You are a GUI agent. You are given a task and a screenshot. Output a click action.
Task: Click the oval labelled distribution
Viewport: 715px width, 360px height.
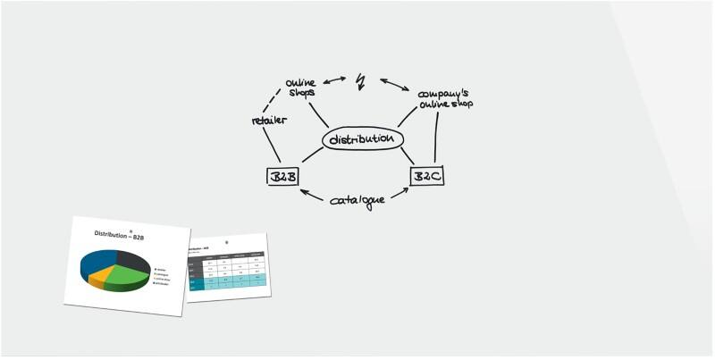(362, 140)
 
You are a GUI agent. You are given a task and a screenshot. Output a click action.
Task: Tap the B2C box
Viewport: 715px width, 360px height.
(426, 176)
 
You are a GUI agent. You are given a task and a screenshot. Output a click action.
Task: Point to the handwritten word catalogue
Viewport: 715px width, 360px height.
(357, 199)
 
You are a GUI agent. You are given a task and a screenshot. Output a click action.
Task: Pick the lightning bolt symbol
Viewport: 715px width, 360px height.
(360, 81)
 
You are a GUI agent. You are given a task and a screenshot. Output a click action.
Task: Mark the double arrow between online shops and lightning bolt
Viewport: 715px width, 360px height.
(334, 81)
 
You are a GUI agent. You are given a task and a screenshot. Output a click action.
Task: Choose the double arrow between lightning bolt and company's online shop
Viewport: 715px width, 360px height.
(394, 85)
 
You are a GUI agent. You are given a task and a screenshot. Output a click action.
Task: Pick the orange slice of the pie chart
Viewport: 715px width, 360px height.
(101, 274)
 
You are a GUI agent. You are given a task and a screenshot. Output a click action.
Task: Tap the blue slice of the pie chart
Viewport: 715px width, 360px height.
(93, 260)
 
